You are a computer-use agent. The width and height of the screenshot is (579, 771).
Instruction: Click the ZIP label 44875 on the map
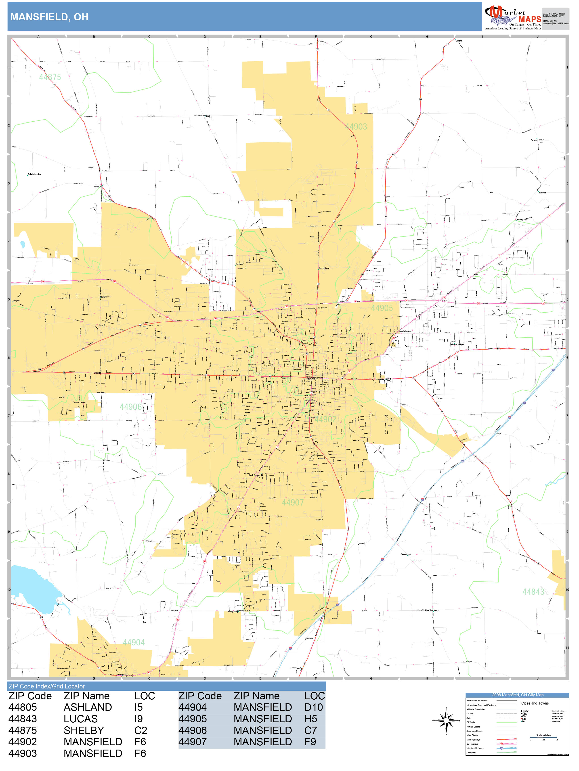pos(50,77)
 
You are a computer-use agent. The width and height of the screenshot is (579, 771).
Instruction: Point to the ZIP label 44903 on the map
pos(356,126)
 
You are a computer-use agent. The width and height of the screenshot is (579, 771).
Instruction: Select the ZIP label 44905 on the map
pos(382,308)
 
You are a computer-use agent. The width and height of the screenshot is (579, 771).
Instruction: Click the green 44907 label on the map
pos(292,502)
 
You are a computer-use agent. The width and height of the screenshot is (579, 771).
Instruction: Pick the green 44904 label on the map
pos(133,642)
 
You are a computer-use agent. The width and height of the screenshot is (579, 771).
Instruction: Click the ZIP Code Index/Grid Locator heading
pos(47,686)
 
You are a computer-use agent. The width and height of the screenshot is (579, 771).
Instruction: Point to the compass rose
pos(446,720)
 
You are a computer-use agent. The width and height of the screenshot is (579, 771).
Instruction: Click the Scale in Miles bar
pos(543,738)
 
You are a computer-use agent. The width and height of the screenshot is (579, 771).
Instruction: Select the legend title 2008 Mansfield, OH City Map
pos(517,695)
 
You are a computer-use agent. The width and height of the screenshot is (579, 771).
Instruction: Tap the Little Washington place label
pos(432,610)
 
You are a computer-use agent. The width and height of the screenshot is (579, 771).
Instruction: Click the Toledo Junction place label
pos(34,174)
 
